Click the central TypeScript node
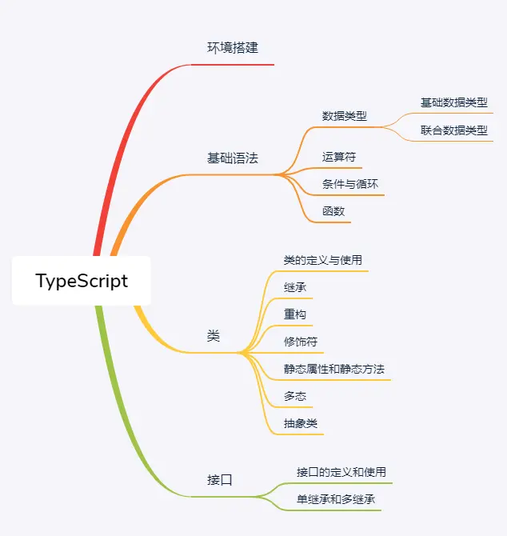point(82,281)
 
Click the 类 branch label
point(214,337)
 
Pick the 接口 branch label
point(220,480)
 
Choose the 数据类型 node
point(345,115)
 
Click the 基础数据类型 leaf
point(454,102)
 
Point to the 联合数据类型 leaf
point(454,130)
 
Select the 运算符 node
point(339,157)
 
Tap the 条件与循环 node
point(350,184)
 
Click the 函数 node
point(333,211)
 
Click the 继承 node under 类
point(295,287)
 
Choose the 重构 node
point(295,314)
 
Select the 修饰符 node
point(301,342)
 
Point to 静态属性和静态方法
point(334,369)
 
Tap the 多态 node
point(295,396)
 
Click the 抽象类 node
point(301,423)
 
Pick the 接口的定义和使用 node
point(341,472)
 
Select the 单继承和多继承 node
point(336,500)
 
